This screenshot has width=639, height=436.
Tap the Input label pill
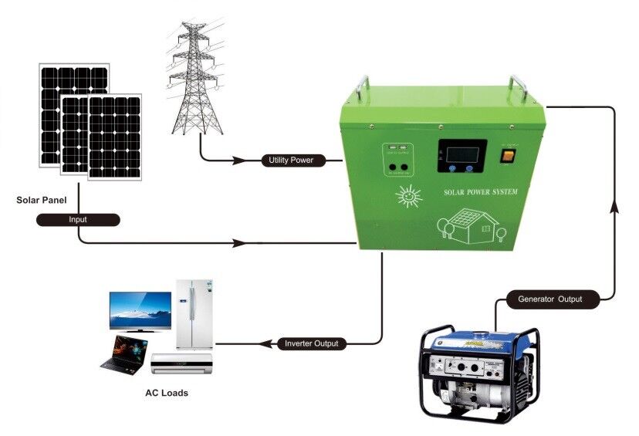(78, 219)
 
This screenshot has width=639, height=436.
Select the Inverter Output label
(311, 343)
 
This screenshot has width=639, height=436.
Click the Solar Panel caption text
(41, 200)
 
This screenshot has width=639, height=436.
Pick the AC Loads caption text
(167, 393)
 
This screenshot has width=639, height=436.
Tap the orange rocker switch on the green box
(507, 155)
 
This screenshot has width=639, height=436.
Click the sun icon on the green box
(409, 197)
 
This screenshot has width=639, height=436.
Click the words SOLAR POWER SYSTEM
(482, 192)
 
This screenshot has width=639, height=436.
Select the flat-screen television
(140, 311)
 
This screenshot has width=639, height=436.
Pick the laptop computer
(123, 353)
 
